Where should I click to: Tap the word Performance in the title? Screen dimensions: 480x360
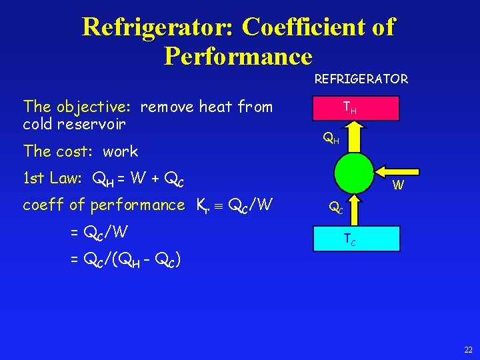tap(238, 56)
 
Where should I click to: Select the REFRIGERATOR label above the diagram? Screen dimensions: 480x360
tap(361, 79)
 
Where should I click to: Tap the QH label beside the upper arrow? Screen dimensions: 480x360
tap(331, 139)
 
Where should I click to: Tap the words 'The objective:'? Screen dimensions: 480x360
tap(77, 107)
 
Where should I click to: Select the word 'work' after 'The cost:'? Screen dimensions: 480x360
tap(121, 151)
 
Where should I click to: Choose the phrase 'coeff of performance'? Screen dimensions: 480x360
tap(103, 205)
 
